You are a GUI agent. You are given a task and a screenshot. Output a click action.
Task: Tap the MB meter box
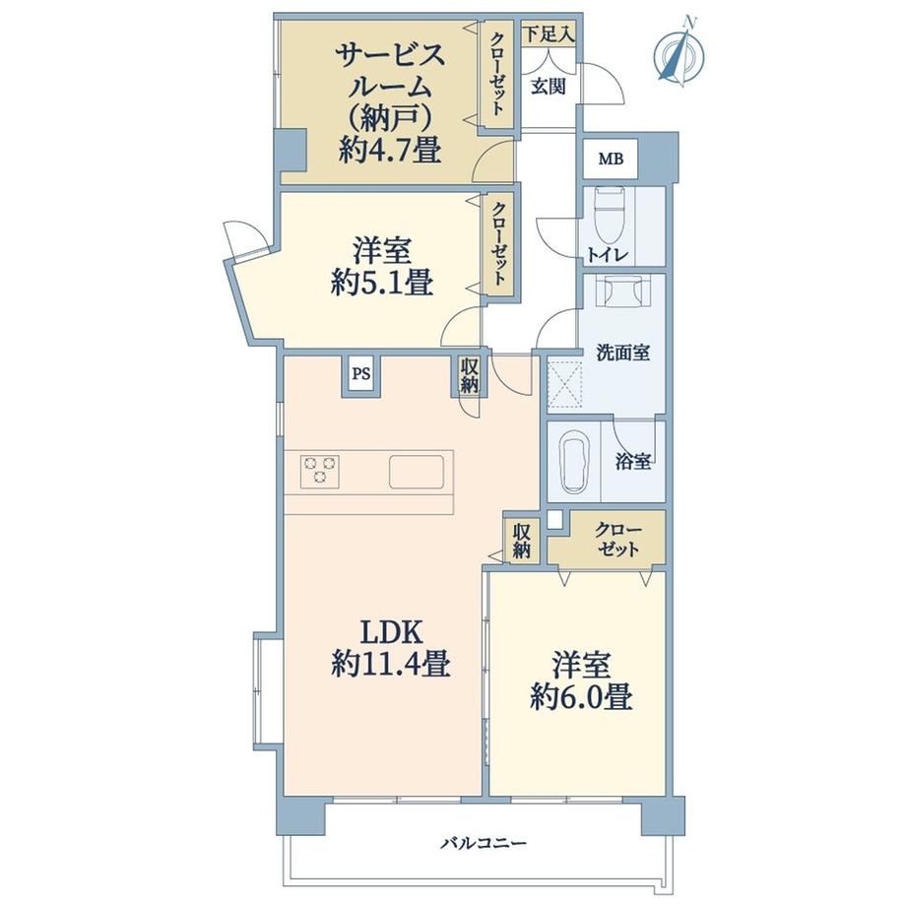pyautogui.click(x=611, y=159)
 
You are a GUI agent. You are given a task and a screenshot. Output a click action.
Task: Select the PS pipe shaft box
pyautogui.click(x=361, y=374)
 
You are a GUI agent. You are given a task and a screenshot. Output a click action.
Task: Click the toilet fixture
pyautogui.click(x=611, y=215)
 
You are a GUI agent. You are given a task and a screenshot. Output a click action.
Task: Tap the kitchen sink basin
pyautogui.click(x=417, y=472)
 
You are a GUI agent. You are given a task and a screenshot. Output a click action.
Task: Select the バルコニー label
pyautogui.click(x=485, y=844)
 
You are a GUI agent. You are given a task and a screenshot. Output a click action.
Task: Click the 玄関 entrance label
pyautogui.click(x=548, y=88)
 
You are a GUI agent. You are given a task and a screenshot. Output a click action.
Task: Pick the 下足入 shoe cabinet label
pyautogui.click(x=549, y=34)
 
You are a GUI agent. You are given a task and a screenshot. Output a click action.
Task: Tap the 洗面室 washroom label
pyautogui.click(x=622, y=353)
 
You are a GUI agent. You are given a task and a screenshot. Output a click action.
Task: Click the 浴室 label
pyautogui.click(x=633, y=461)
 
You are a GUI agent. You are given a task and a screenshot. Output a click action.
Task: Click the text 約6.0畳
pyautogui.click(x=581, y=697)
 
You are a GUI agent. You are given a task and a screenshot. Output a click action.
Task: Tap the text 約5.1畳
pyautogui.click(x=382, y=284)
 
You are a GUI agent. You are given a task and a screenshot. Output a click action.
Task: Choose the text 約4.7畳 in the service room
pyautogui.click(x=390, y=151)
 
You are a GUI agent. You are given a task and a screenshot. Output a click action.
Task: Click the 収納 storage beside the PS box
pyautogui.click(x=469, y=375)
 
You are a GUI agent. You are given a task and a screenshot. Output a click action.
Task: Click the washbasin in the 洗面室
pyautogui.click(x=622, y=292)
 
